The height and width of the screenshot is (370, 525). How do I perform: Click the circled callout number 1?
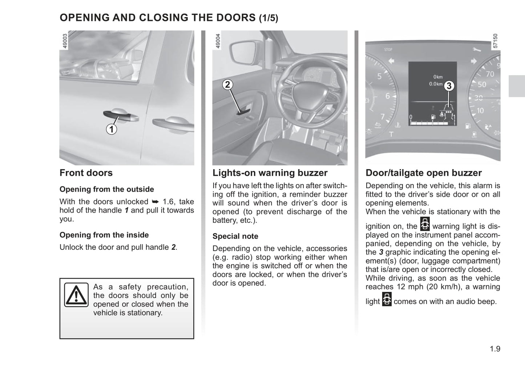(112, 129)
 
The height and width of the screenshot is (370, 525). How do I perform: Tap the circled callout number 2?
(227, 85)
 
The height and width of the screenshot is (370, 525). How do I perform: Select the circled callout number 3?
(449, 86)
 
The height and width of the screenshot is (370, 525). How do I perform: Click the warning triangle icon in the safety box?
(76, 295)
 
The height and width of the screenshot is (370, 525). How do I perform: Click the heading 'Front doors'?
(86, 173)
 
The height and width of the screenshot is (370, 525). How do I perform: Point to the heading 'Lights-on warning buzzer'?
(270, 173)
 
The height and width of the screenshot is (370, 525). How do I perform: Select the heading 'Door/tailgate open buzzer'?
(424, 173)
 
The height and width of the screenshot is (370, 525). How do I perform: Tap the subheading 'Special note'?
(235, 236)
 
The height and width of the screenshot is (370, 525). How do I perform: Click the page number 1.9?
(494, 349)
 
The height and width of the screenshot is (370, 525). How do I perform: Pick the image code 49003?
(65, 41)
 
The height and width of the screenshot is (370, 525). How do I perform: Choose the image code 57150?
(495, 41)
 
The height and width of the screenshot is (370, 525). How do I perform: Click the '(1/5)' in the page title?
(268, 18)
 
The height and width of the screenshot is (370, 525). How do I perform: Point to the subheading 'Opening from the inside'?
(104, 235)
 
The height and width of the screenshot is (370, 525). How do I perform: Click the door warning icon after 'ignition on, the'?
(425, 224)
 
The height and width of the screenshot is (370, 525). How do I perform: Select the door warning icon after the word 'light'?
(387, 299)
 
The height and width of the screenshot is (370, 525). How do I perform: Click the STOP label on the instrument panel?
(388, 49)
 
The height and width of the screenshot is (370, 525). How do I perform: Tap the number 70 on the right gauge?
(490, 74)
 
